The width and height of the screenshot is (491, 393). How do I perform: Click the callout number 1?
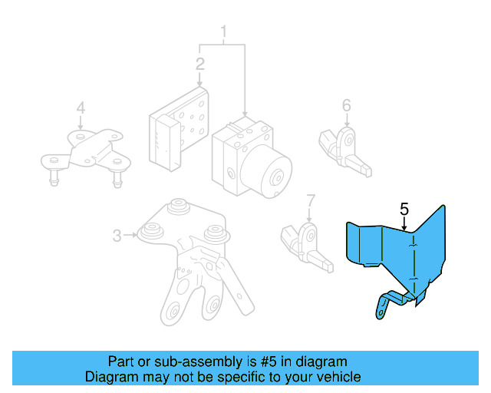coord(223,32)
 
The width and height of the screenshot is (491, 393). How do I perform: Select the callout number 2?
coord(200,64)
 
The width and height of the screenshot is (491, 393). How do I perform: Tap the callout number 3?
coord(117,236)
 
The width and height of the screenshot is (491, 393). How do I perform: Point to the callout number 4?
coord(81,107)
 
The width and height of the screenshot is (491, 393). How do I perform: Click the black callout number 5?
coord(404,209)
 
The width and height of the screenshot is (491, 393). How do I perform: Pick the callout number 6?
coord(346,105)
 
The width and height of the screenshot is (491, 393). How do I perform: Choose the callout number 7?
coord(310,201)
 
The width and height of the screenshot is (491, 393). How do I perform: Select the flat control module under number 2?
coord(179,129)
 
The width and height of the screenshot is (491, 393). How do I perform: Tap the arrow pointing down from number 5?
coord(404,223)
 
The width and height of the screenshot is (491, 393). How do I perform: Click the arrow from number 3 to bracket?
coord(130,235)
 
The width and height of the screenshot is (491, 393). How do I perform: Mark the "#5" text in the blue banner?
coord(269,362)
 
